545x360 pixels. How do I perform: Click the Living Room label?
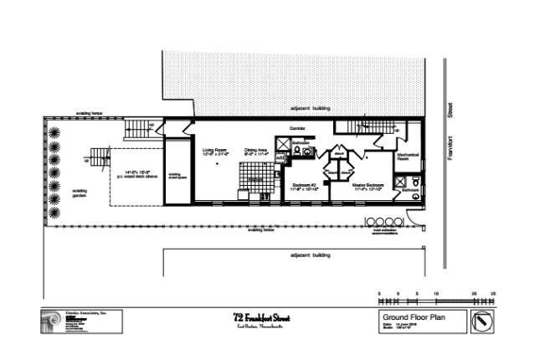215,152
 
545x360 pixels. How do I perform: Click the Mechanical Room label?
408,157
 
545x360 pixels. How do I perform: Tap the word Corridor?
297,128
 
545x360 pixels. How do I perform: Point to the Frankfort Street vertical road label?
450,138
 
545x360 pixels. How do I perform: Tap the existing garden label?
80,193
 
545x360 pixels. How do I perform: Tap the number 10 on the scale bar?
437,293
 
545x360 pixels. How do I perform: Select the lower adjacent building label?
311,254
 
